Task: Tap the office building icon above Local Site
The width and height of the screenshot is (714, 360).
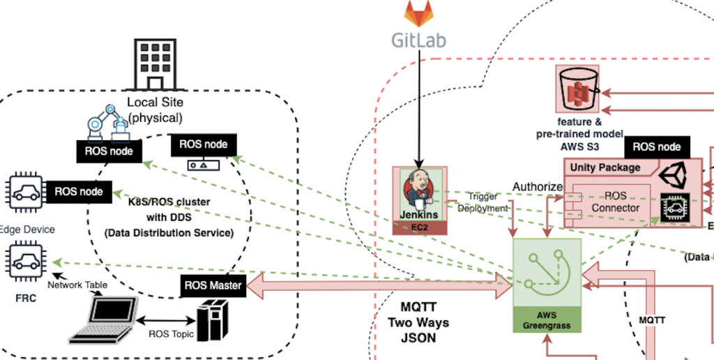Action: click(x=153, y=64)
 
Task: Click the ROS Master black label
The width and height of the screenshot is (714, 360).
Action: click(x=213, y=285)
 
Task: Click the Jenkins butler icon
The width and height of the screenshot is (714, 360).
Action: click(x=419, y=188)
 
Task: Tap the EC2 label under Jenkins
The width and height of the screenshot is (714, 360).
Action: click(x=418, y=227)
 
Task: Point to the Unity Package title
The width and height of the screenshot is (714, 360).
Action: click(x=605, y=167)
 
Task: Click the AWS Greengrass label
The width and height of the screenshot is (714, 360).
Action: click(x=547, y=320)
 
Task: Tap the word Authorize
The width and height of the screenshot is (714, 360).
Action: click(x=537, y=187)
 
